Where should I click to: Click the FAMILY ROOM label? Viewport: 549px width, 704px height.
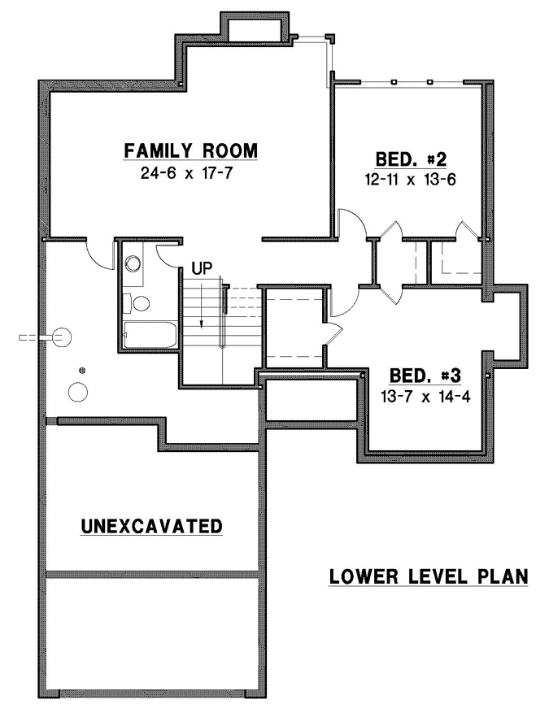coord(190,150)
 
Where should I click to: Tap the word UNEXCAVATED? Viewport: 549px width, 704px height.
coord(152,527)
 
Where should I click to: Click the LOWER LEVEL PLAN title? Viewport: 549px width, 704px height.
coord(429,576)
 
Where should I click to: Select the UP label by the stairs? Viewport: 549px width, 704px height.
coord(202,267)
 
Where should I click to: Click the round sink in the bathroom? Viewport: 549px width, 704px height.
coord(134,263)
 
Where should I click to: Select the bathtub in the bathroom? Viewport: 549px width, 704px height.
coord(150,332)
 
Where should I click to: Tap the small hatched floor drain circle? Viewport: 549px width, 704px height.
coord(81,372)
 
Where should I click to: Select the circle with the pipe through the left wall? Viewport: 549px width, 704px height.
coord(63,336)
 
